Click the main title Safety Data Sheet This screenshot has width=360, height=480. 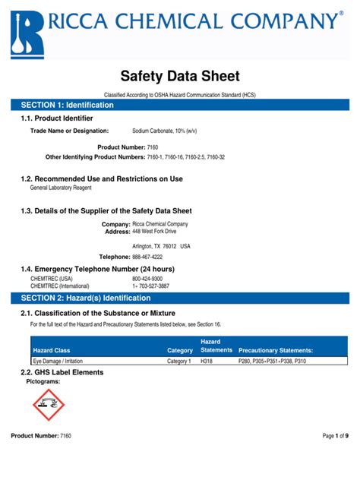180,76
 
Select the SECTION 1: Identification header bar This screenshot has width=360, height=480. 180,104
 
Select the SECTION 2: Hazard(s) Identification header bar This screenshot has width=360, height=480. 180,298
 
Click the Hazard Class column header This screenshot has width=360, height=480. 52,350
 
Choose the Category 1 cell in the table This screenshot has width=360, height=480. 179,362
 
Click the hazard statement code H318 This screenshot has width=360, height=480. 207,362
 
